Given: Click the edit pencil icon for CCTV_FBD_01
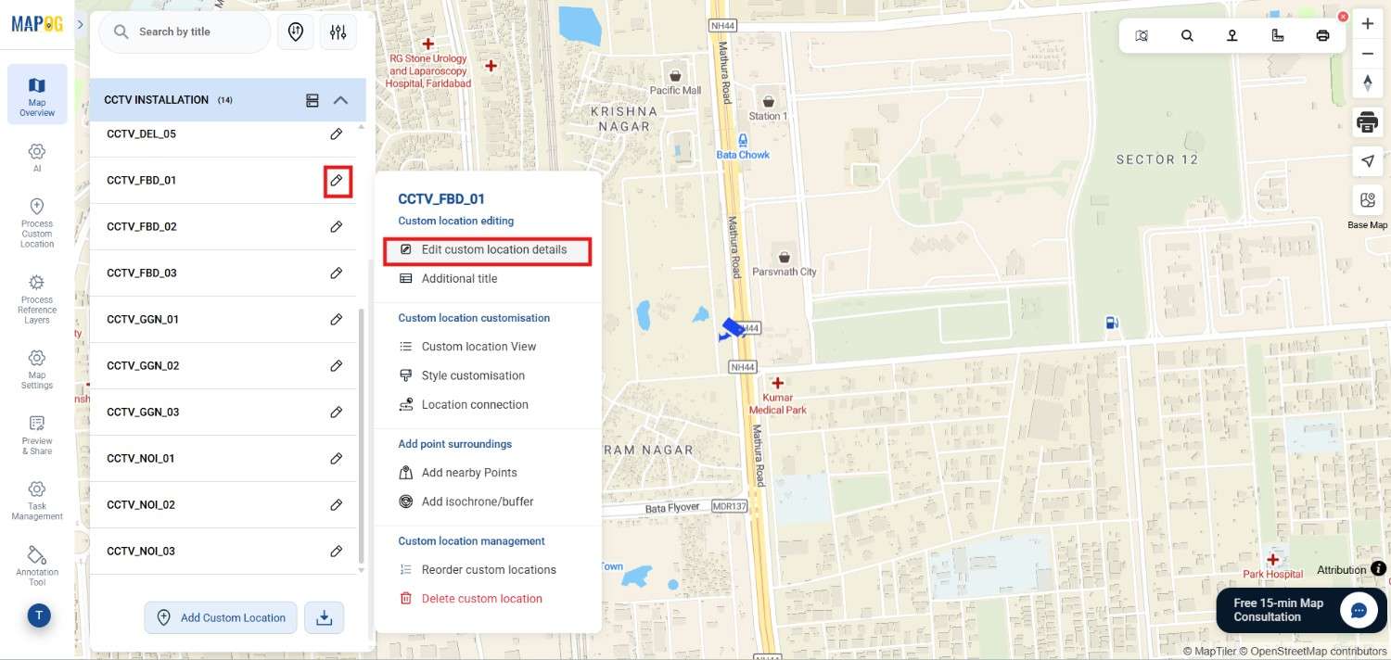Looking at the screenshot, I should coord(337,181).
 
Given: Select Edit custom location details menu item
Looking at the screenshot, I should coord(488,249).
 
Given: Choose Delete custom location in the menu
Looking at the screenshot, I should coord(481,599).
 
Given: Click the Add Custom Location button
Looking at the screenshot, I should coord(221,617).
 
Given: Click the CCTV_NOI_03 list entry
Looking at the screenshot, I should coord(141,552).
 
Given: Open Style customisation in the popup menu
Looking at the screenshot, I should coord(473,375).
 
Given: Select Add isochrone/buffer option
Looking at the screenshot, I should coord(478,501).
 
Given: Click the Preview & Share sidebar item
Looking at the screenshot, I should coord(37,435).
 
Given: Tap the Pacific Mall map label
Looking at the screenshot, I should coord(675,90).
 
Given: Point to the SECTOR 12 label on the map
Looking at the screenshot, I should coord(1156,159).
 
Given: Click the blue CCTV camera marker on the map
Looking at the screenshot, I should coord(733,328).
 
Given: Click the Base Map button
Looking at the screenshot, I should coord(1367,209).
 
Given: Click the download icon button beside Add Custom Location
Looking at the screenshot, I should coord(325,617).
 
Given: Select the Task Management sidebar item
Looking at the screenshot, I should coord(37,501).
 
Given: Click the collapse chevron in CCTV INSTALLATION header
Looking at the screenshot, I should coord(340,100).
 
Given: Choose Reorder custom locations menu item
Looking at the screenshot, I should coord(489,570).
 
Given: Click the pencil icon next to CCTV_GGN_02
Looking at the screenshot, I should coord(337,366).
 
